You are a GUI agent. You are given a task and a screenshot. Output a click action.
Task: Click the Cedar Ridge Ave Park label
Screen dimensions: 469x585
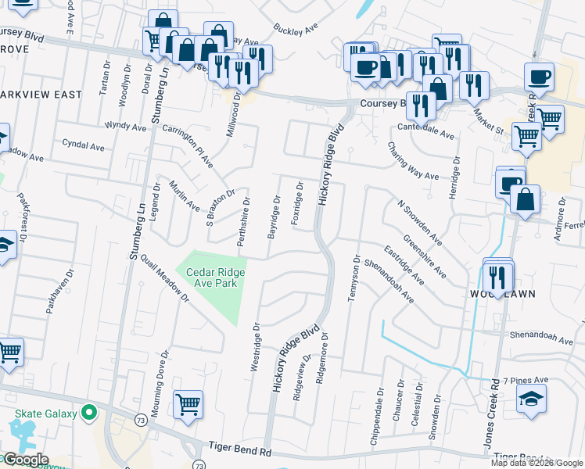(215, 277)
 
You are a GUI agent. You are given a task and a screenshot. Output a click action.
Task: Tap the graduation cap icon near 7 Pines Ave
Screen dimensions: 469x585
(530, 398)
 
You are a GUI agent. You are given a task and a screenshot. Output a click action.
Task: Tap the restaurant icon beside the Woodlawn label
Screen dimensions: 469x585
(497, 276)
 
